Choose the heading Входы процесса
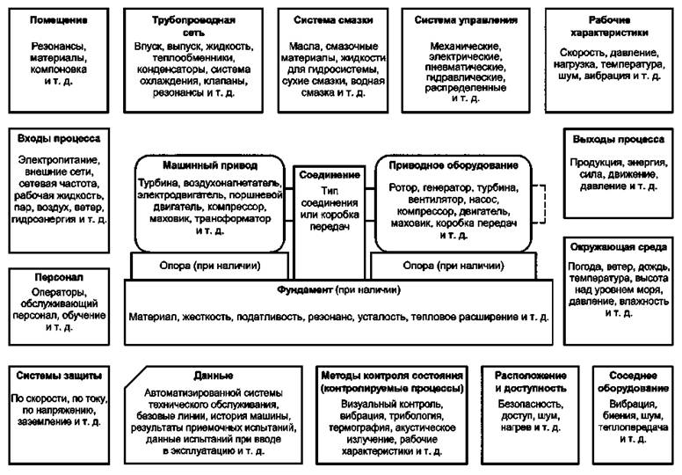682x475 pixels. click(59, 138)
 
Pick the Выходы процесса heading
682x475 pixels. click(618, 139)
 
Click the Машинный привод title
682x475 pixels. click(210, 164)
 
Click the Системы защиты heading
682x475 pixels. click(59, 374)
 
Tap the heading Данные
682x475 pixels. click(209, 374)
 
